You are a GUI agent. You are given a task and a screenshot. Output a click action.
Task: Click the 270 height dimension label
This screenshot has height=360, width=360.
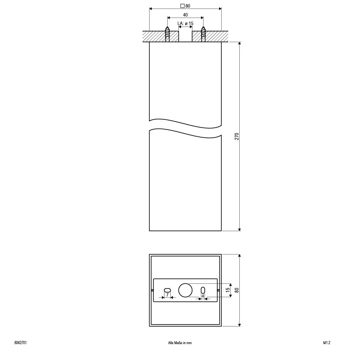coord(236,136)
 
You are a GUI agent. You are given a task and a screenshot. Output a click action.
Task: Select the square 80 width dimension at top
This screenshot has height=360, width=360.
coord(185,6)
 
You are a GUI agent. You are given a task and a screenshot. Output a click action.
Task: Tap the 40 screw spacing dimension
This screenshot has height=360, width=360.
coord(185,15)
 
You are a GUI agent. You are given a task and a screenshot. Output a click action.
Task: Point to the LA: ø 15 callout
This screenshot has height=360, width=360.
coord(185,23)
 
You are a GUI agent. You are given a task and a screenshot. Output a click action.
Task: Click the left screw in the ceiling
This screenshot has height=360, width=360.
coord(167,34)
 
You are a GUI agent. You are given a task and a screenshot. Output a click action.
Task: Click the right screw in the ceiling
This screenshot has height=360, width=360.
coord(203,34)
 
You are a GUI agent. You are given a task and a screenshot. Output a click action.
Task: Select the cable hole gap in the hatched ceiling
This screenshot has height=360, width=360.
coord(185,36)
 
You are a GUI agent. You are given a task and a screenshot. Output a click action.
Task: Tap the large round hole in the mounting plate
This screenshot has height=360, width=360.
coord(185,290)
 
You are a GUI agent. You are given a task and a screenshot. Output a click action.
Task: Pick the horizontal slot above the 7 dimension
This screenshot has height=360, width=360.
coord(167,290)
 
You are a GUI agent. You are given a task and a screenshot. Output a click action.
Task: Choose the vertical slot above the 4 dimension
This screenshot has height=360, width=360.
coord(203,290)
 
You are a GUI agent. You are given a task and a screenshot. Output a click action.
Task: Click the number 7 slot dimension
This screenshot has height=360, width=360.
coord(167,295)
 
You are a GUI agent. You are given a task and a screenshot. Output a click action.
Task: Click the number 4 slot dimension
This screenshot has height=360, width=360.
coord(203,296)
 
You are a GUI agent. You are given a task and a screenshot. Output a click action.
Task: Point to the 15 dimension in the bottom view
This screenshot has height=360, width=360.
coord(227,290)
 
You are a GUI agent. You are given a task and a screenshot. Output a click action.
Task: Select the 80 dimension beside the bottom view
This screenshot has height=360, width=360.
coord(236,290)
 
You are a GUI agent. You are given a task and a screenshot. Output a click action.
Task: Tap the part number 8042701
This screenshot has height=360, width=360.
coord(20,343)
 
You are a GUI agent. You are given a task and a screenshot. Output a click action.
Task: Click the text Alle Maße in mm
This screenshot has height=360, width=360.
coord(180,343)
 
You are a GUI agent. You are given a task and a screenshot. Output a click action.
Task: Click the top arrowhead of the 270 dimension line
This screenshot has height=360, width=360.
coord(239,43)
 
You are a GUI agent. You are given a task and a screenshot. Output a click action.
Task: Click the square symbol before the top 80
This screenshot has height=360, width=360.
coord(182,6)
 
